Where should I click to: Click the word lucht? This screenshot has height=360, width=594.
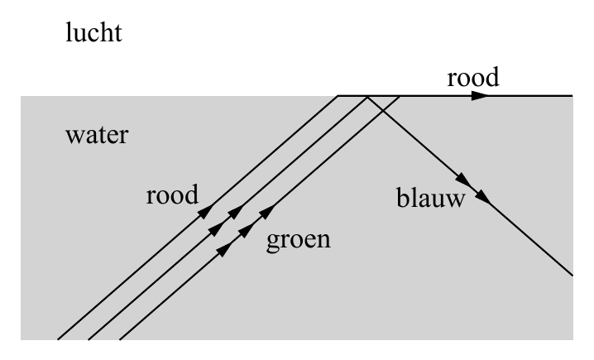point(94,32)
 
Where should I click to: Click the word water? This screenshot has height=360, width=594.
point(97,135)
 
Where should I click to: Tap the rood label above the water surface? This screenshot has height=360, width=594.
point(473,77)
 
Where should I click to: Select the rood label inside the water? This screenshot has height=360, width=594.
point(172,194)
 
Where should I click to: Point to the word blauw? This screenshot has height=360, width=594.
point(431,198)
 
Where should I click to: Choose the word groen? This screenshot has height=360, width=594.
point(299,241)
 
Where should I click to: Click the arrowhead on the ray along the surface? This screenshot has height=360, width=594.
point(481,96)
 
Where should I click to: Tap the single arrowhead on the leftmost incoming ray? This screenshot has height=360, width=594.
point(206,212)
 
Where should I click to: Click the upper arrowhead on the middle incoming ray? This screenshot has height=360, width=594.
point(236,212)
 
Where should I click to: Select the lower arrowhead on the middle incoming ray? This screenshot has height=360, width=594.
point(216,228)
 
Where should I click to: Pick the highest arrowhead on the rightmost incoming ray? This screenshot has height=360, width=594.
point(267,212)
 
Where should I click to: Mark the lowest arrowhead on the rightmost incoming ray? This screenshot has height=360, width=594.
point(226,248)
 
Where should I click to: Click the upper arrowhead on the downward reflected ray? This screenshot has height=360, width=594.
point(464,180)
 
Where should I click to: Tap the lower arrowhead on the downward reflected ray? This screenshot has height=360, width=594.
point(483,196)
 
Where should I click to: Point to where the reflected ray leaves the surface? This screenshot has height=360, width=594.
point(367,97)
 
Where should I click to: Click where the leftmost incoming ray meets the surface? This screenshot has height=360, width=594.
point(338,96)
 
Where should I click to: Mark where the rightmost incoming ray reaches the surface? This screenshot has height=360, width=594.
point(400,97)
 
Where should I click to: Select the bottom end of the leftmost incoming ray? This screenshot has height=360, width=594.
point(58,339)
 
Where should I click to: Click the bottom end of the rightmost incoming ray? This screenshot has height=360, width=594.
point(120,339)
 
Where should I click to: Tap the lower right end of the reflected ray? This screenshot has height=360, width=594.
point(572,275)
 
